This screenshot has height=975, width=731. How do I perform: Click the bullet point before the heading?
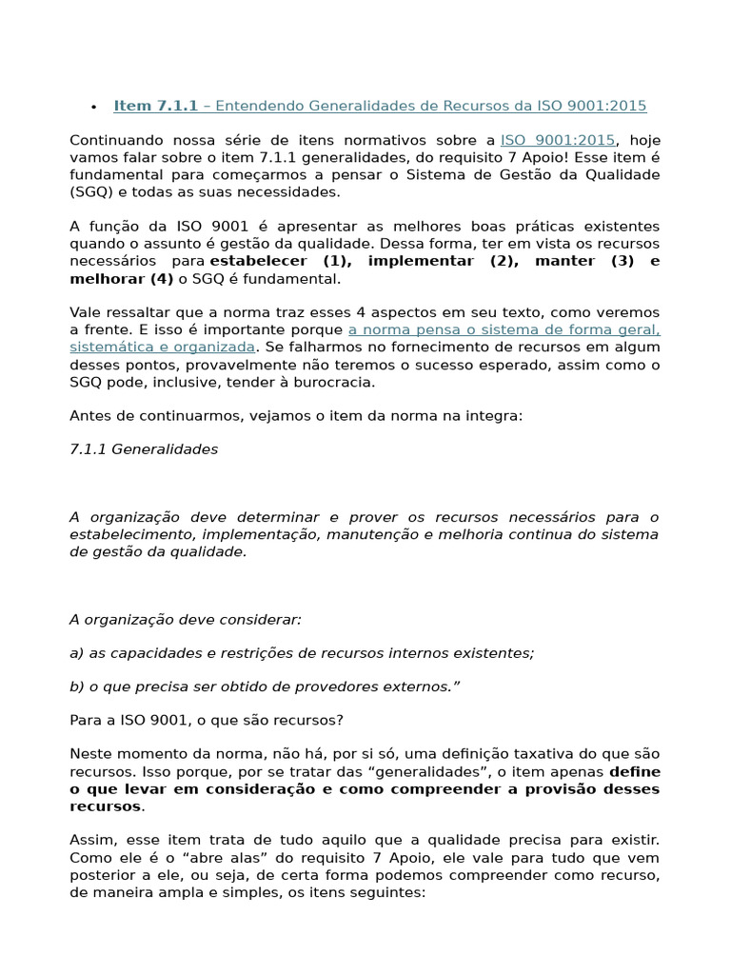(93, 107)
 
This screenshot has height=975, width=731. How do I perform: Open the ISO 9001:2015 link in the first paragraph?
(558, 140)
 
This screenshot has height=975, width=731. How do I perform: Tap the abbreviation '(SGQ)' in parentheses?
(90, 191)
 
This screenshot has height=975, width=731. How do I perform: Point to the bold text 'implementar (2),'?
(434, 261)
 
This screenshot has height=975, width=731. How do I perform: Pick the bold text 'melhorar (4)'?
(122, 279)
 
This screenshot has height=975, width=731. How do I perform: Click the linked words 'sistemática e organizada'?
(163, 347)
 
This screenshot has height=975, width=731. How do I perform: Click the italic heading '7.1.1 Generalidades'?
(144, 449)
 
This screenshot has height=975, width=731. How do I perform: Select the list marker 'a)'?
(77, 653)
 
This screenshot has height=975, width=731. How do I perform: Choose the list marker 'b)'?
(77, 687)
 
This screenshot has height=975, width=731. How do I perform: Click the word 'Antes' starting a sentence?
(90, 416)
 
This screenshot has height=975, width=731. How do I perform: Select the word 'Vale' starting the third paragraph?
(86, 312)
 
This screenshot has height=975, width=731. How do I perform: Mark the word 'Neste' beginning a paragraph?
(90, 754)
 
